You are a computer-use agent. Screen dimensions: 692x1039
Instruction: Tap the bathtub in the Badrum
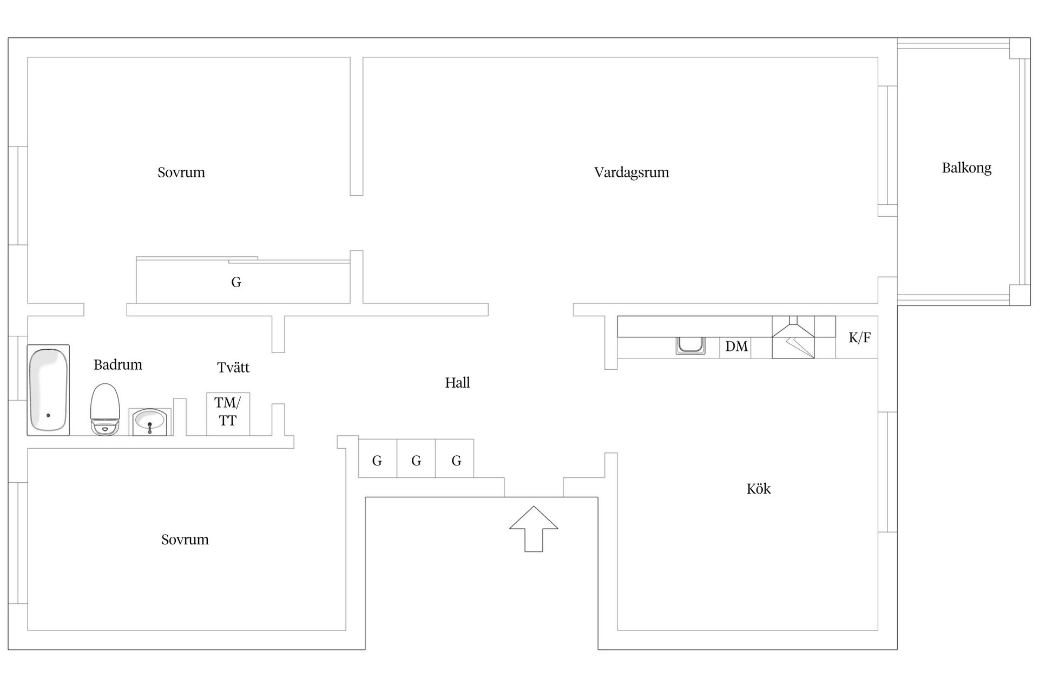pyautogui.click(x=48, y=390)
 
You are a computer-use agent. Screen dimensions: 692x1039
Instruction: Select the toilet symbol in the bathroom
pyautogui.click(x=104, y=409)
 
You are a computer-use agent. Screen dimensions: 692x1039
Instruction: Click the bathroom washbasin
pyautogui.click(x=150, y=422)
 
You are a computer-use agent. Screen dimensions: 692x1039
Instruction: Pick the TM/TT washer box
pyautogui.click(x=228, y=414)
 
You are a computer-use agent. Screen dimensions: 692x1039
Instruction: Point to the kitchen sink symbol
pyautogui.click(x=691, y=345)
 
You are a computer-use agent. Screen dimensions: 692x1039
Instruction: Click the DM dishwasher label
pyautogui.click(x=736, y=347)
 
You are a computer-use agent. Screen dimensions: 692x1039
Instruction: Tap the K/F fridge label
pyautogui.click(x=859, y=338)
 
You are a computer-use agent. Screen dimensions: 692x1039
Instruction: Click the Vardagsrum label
pyautogui.click(x=632, y=172)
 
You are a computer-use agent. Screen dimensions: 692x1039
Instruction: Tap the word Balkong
pyautogui.click(x=966, y=168)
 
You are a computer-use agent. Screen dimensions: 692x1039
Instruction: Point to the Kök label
pyautogui.click(x=758, y=489)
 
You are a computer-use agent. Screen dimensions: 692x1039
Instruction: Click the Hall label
pyautogui.click(x=457, y=383)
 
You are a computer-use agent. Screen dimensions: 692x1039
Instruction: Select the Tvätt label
pyautogui.click(x=233, y=368)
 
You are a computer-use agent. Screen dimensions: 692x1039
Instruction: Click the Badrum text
pyautogui.click(x=118, y=365)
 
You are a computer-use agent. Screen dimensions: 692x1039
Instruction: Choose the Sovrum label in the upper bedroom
pyautogui.click(x=181, y=172)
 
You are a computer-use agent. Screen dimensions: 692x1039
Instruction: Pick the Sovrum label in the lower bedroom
pyautogui.click(x=185, y=540)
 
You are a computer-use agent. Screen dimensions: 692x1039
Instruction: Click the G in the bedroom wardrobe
pyautogui.click(x=236, y=282)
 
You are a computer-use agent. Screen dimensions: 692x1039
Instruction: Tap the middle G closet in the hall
pyautogui.click(x=416, y=461)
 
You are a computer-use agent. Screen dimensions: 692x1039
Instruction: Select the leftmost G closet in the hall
pyautogui.click(x=377, y=461)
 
